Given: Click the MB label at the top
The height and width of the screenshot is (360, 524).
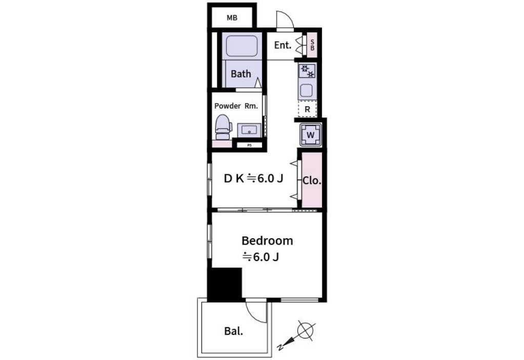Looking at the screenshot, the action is tap(232, 18).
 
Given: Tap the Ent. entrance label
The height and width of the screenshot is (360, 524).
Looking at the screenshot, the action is tap(283, 45).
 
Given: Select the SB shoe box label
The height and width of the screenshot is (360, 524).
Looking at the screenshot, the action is tap(312, 45).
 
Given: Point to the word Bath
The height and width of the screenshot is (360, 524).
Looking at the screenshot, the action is tap(241, 74).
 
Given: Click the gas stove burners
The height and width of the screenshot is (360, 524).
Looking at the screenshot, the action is tap(307, 71).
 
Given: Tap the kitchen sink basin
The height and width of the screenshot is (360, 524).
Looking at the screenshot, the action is tap(306, 90).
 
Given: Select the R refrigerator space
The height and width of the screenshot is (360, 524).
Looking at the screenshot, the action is tap(307, 109).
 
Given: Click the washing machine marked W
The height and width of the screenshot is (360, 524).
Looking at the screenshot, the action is tap(311, 135).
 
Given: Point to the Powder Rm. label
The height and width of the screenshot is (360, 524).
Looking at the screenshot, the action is tap(236, 106).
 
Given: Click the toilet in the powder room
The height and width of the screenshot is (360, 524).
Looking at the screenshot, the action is tap(223, 127).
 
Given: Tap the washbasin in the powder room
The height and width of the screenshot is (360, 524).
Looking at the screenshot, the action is tap(249, 130).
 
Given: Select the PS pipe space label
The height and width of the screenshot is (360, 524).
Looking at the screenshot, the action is tap(250, 146).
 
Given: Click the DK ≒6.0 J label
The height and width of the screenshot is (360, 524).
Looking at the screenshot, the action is tap(253, 178).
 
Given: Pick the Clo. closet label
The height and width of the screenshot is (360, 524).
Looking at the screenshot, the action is tap(312, 181).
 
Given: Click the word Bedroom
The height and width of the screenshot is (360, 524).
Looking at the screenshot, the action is tap(267, 241).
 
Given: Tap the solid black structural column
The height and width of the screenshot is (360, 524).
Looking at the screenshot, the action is tap(225, 285).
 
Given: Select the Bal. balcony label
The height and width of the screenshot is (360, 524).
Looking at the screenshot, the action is tap(234, 332).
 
